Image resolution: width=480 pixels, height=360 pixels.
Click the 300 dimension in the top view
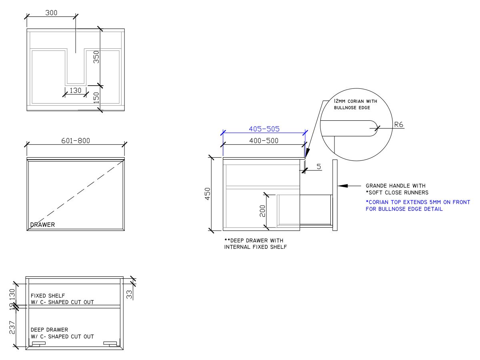(51, 12)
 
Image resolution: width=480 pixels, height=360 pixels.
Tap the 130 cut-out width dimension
(75, 90)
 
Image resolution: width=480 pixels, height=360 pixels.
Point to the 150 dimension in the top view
(96, 98)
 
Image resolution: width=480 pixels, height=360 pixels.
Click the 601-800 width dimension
(76, 140)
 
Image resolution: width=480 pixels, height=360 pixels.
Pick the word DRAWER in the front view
(43, 225)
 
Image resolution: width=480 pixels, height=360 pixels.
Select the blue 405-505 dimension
(264, 129)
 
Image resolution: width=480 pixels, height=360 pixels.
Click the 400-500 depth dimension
(264, 140)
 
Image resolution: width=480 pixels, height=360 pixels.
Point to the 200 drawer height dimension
(262, 211)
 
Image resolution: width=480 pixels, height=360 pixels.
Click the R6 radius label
(399, 124)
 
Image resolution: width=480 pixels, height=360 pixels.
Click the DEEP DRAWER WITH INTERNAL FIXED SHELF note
(256, 244)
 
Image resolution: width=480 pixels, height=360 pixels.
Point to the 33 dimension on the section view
(129, 294)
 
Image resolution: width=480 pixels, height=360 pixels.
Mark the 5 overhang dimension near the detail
(319, 166)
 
